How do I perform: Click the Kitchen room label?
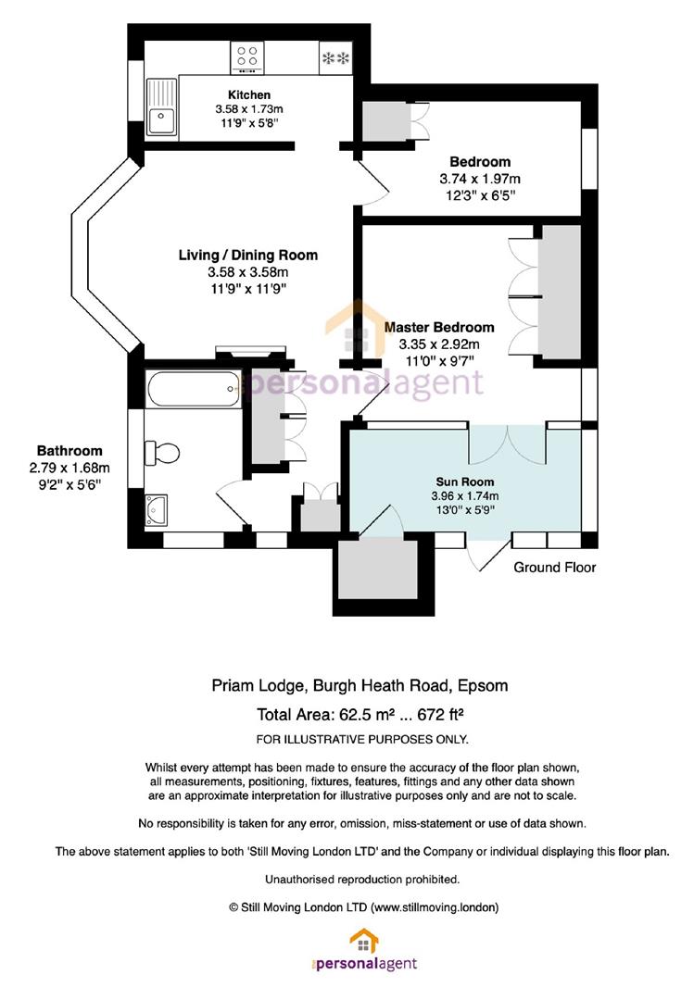[249, 95]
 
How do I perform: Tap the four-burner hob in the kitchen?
[247, 56]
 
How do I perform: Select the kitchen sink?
[161, 106]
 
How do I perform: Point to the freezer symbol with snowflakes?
[335, 58]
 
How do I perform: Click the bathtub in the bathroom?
[194, 388]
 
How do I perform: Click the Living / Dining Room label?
[248, 256]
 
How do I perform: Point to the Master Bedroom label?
[439, 327]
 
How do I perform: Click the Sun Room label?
[465, 481]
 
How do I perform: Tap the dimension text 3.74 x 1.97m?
[480, 179]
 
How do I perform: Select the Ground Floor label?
[555, 567]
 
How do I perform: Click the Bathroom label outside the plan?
[69, 450]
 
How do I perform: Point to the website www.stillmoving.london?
[434, 906]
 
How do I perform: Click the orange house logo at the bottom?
[364, 941]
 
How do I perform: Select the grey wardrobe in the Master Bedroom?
[560, 292]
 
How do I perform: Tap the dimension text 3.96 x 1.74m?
[465, 495]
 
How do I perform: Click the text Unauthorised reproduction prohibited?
[362, 880]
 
